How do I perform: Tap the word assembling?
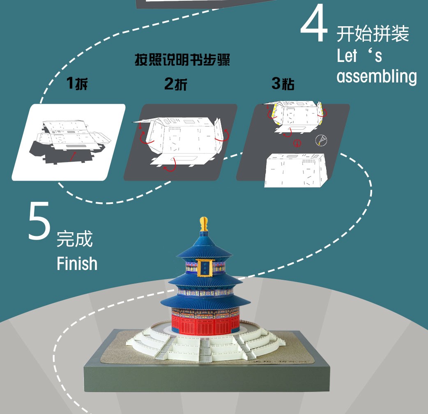tap(376, 77)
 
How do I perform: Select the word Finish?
tap(77, 263)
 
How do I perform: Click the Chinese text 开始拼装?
tap(373, 34)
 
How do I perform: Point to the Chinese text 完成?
tap(75, 239)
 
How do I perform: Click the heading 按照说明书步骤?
tap(182, 61)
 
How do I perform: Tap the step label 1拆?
tap(77, 84)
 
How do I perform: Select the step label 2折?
tap(176, 84)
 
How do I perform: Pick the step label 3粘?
tap(283, 84)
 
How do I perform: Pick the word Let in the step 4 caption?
tap(347, 56)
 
